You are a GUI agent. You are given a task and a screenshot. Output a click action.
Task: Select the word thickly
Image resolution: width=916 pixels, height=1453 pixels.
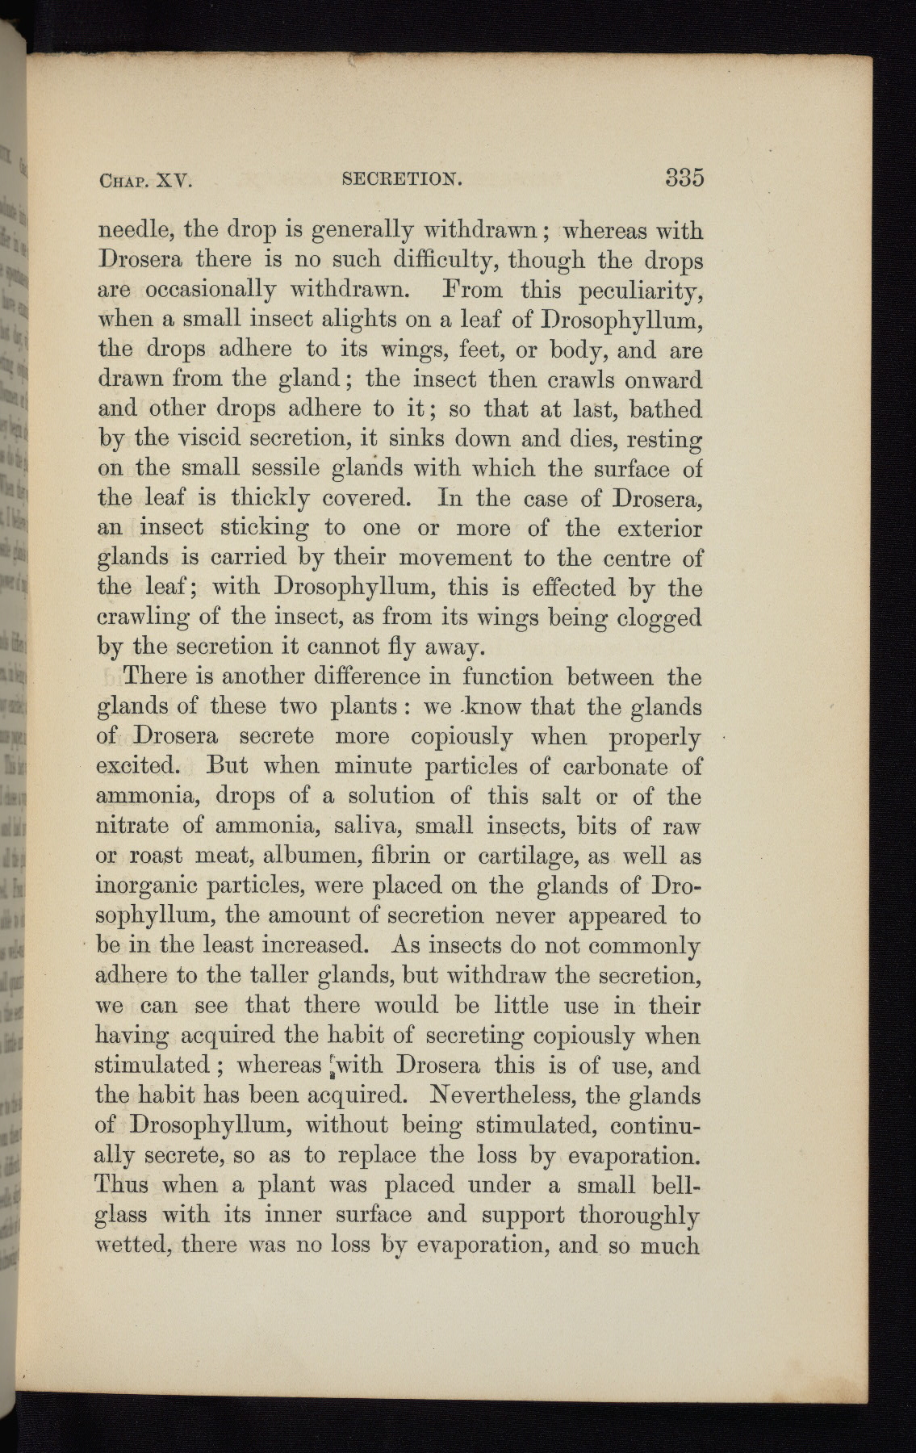(259, 499)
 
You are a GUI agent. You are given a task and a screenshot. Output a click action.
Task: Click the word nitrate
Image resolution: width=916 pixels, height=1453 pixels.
(133, 825)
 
